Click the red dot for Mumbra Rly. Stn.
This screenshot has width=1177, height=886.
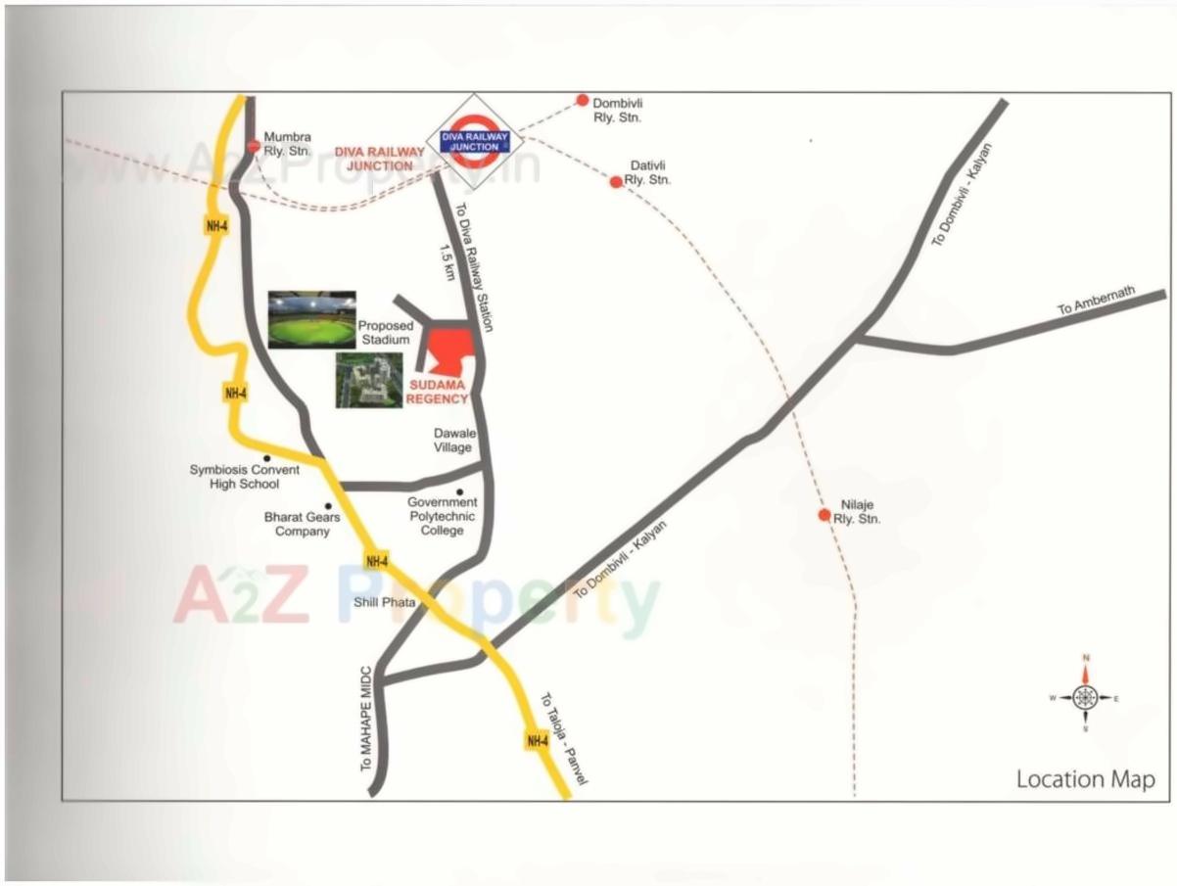pyautogui.click(x=254, y=146)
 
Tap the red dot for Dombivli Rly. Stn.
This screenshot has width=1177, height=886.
pyautogui.click(x=582, y=100)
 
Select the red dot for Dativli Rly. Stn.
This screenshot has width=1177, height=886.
pyautogui.click(x=616, y=181)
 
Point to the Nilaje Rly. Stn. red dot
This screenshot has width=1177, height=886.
pyautogui.click(x=824, y=514)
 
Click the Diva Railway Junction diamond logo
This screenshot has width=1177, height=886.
pyautogui.click(x=475, y=140)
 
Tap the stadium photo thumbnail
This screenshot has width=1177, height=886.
pyautogui.click(x=311, y=319)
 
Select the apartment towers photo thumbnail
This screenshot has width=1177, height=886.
pyautogui.click(x=369, y=380)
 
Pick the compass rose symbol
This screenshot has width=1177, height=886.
pyautogui.click(x=1084, y=698)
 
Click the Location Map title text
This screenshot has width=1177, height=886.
pyautogui.click(x=1085, y=779)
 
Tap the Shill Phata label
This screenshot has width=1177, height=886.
pyautogui.click(x=386, y=603)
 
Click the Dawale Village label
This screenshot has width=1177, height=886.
pyautogui.click(x=453, y=440)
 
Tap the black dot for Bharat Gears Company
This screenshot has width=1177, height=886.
pyautogui.click(x=328, y=506)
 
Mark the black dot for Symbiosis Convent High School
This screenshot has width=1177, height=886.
pyautogui.click(x=266, y=457)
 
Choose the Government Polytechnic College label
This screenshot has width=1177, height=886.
pyautogui.click(x=443, y=516)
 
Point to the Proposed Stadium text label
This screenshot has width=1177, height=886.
pyautogui.click(x=385, y=332)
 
